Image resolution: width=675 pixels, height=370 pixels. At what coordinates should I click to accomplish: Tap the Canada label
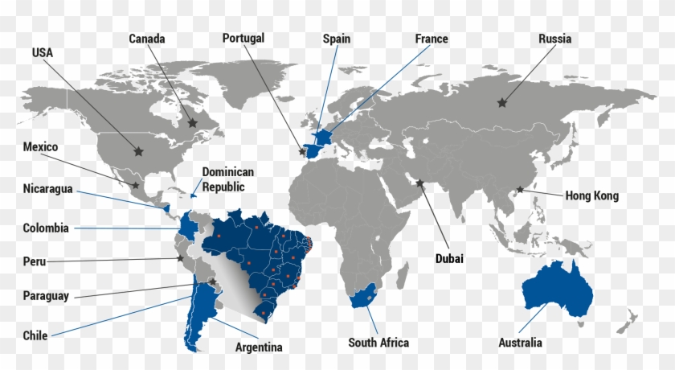point(146,39)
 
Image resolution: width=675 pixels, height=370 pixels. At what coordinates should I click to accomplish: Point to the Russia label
point(554,39)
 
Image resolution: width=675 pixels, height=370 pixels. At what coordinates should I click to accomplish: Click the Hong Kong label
point(591,195)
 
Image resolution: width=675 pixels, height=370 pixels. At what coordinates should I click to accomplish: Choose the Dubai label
point(450,258)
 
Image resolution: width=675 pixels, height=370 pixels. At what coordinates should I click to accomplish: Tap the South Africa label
point(378,343)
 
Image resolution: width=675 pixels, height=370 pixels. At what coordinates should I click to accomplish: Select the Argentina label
point(259,347)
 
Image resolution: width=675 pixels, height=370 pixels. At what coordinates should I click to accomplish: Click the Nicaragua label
point(47,189)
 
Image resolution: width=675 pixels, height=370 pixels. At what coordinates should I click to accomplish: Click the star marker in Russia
point(502,102)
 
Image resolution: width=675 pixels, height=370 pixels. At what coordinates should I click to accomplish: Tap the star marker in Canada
point(192,122)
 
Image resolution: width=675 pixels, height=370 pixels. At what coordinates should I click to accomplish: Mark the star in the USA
point(138,150)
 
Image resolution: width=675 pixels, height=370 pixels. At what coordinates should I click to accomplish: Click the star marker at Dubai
point(419,183)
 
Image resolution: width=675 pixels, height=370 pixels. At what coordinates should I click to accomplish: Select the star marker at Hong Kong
point(520,190)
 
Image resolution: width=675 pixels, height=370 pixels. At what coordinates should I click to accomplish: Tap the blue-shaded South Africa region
point(366,298)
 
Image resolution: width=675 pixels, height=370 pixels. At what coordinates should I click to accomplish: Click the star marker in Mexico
point(135,186)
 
